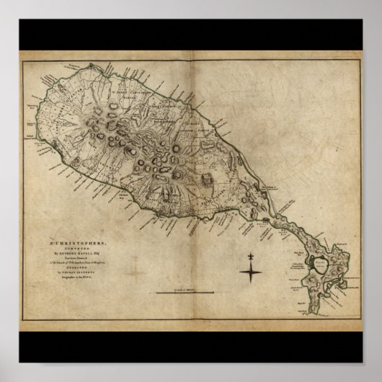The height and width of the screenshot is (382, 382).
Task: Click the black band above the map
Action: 191,35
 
